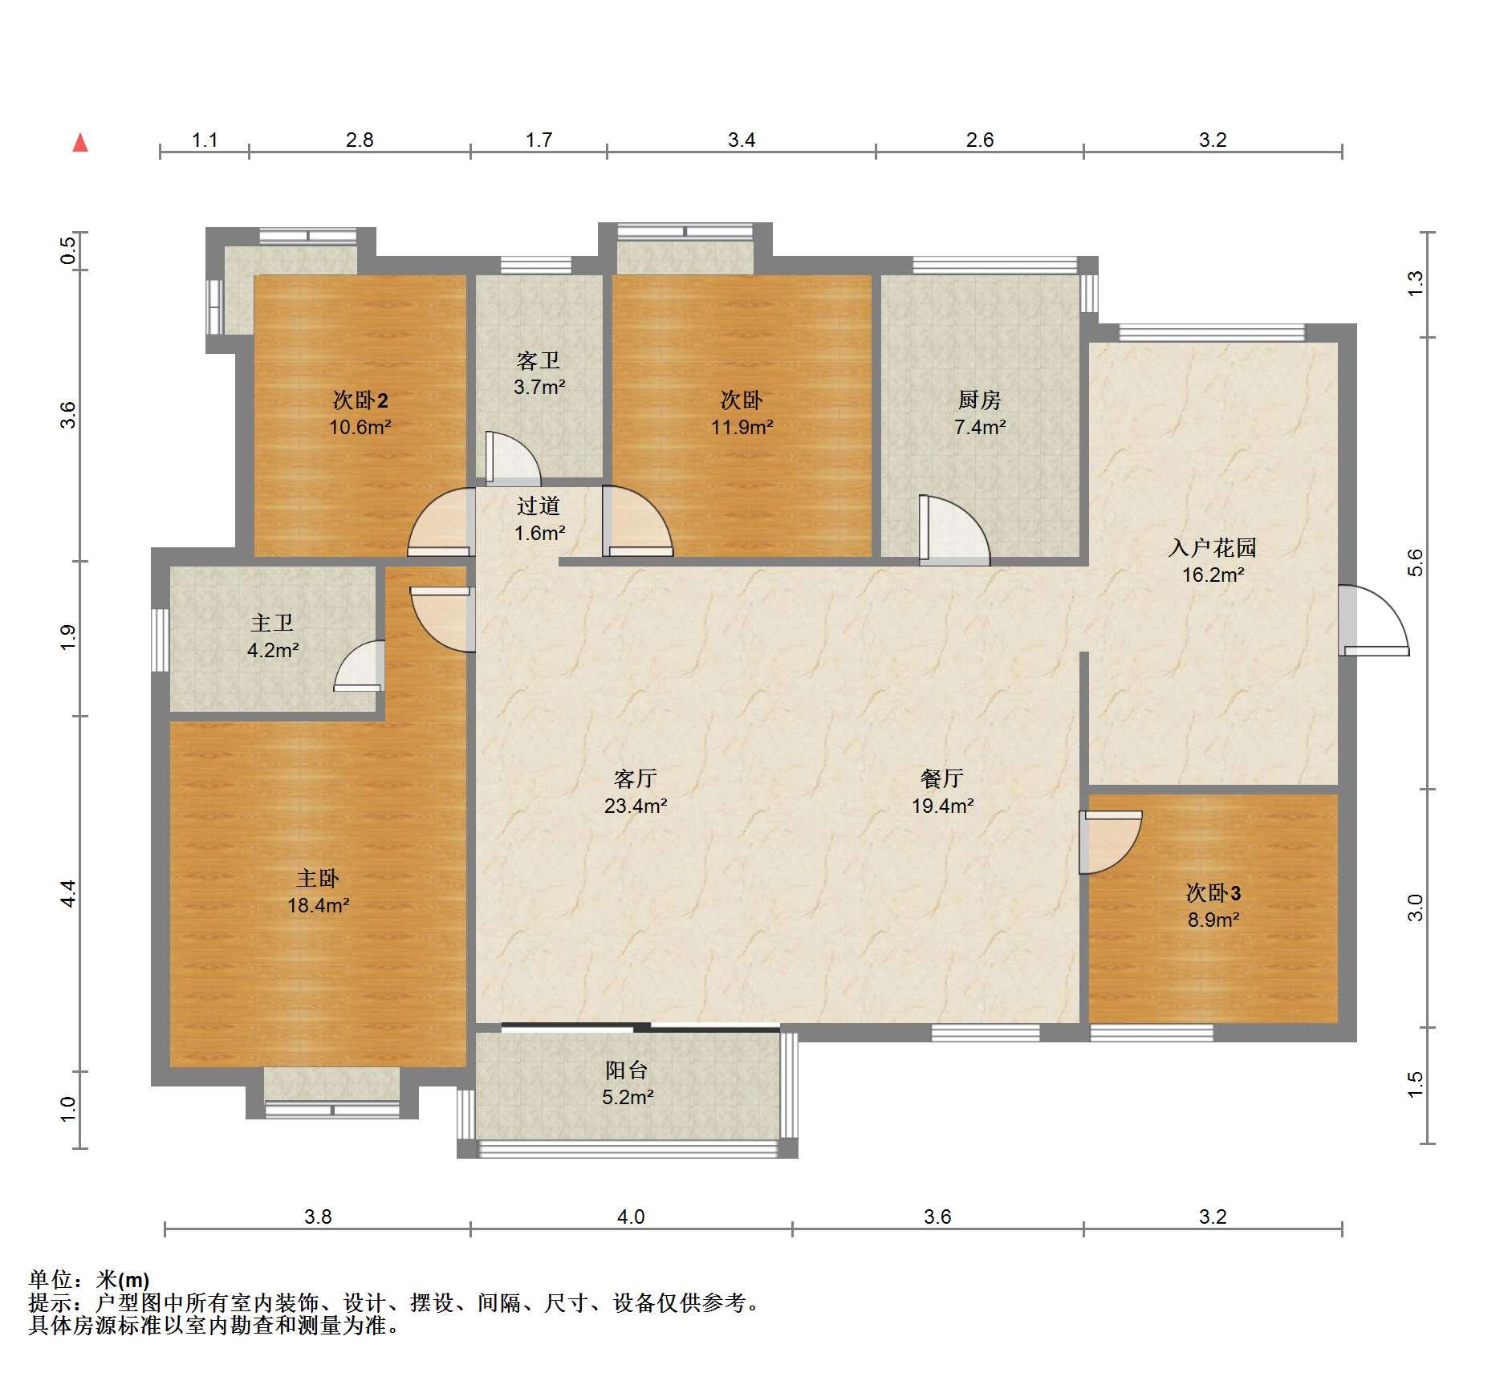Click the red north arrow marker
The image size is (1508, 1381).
[x=80, y=143]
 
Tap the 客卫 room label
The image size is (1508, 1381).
[x=539, y=360]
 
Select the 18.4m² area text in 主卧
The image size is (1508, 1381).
[x=319, y=906]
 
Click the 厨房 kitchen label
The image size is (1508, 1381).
[x=980, y=400]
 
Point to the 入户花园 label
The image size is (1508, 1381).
[x=1213, y=548]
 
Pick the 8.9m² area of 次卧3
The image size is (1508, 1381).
[x=1213, y=920]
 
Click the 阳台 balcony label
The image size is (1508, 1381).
[x=627, y=1070]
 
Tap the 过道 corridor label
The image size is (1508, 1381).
[x=539, y=506]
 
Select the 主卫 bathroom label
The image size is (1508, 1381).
[x=272, y=623]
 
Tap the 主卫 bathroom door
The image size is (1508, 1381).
[x=359, y=665]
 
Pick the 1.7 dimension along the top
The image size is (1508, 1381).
[x=539, y=140]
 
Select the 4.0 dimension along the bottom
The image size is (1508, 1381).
[x=631, y=1217]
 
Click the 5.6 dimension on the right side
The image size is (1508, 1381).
[x=1414, y=563]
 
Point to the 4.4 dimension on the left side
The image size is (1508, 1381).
[x=68, y=893]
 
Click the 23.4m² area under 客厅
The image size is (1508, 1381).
[x=636, y=806]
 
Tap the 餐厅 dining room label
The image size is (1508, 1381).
[x=942, y=778]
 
